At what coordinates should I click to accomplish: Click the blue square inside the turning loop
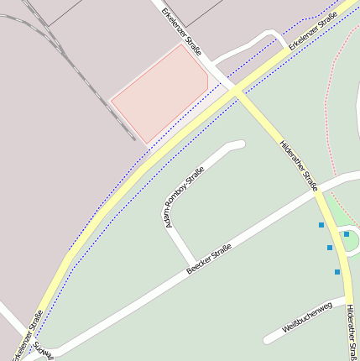click(347, 234)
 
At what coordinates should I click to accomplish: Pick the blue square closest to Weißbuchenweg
click(337, 272)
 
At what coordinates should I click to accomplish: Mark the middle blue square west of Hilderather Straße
click(330, 248)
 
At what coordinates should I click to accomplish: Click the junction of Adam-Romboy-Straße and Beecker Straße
click(195, 263)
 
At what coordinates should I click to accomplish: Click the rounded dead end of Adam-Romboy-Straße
click(240, 145)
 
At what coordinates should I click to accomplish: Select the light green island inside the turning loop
click(351, 242)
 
